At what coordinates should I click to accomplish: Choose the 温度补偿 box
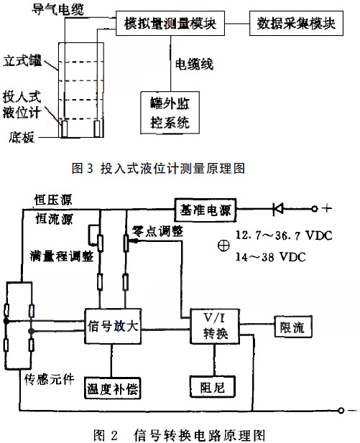point(112,388)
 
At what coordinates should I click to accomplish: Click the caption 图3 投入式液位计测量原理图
point(159,169)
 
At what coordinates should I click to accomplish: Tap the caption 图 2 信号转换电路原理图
point(180,434)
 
